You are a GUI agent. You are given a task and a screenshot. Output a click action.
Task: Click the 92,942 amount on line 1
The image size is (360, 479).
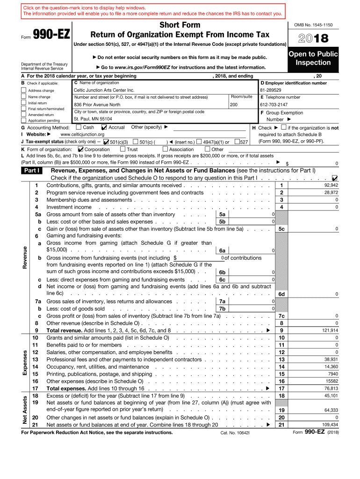coord(331,185)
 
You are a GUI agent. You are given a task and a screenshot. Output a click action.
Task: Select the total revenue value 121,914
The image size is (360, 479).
coord(330,330)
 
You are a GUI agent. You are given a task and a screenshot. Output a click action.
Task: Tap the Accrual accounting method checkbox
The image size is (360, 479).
coord(104,127)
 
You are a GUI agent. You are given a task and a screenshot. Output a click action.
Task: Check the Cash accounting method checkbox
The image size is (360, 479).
coord(79,127)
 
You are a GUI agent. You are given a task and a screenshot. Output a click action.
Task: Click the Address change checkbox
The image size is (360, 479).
coord(24,90)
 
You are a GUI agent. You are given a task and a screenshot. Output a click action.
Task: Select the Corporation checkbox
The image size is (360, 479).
coord(80,149)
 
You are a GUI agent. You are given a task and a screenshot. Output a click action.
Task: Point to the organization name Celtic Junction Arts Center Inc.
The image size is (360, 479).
coord(104,90)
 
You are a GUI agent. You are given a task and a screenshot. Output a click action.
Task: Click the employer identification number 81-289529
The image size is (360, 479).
coord(271,90)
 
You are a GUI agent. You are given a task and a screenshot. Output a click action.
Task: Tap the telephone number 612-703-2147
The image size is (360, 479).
coord(274,105)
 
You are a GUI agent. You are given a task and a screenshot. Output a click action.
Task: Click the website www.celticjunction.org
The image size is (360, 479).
coord(79,135)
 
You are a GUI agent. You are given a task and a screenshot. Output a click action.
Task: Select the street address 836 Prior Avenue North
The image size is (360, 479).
coord(97,105)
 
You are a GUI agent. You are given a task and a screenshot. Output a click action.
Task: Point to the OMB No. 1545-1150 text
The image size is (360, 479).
coord(313,24)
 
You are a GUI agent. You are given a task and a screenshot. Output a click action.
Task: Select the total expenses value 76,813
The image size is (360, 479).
coord(331,388)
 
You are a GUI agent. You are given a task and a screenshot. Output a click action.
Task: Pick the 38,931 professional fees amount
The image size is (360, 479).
coord(331,359)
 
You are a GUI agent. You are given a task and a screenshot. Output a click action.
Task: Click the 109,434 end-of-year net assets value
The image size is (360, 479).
coord(330,424)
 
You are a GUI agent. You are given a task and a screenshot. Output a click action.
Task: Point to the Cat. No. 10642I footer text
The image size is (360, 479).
coord(235,433)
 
